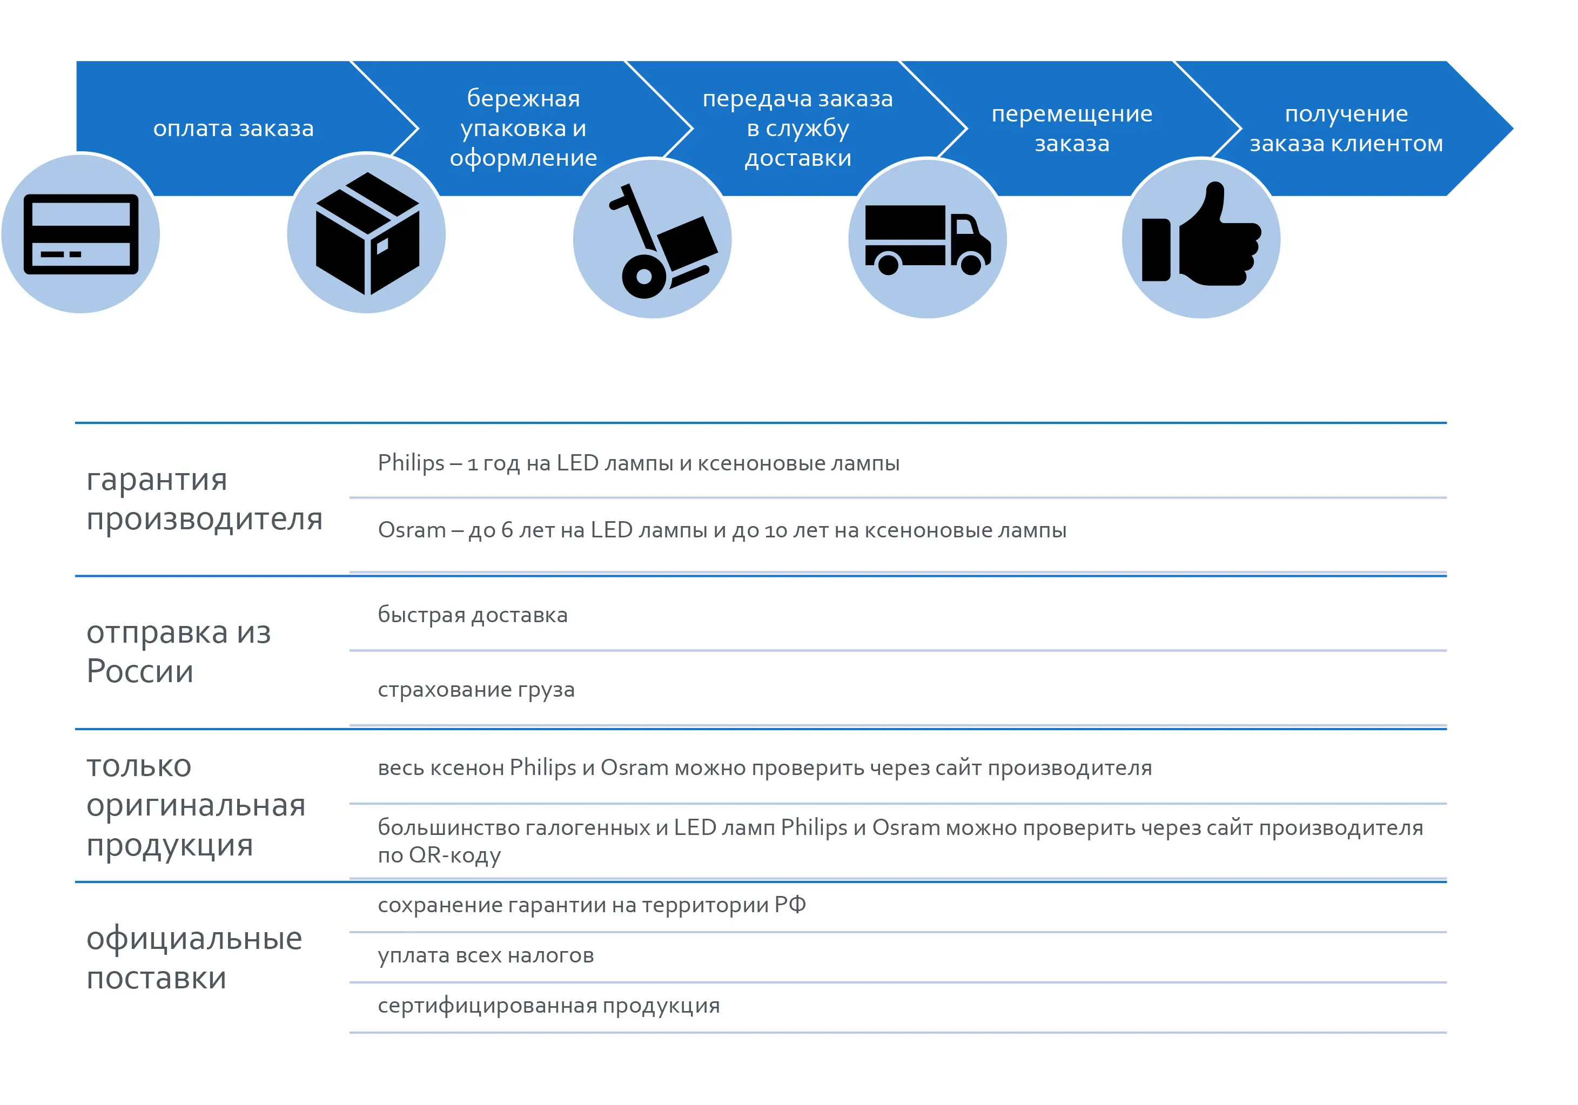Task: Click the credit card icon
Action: pos(81,234)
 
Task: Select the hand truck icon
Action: pos(662,241)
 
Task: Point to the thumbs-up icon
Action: pos(1201,234)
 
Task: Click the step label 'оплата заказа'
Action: pos(234,129)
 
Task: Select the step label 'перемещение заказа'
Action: pos(1072,129)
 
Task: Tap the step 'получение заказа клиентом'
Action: pos(1346,129)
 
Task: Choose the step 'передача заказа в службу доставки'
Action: pos(798,129)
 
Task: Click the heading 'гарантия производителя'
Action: pos(205,500)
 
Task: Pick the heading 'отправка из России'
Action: pos(179,651)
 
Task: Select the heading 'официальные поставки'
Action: pos(194,958)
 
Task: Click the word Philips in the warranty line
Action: pos(411,463)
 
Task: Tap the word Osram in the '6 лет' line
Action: pos(412,530)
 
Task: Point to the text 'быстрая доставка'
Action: pos(473,615)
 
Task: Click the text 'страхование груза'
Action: pos(476,689)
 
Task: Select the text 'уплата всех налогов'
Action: pos(486,955)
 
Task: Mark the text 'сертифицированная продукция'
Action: pos(549,1006)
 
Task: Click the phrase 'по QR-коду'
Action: pos(440,855)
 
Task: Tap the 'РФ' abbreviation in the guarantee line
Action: pos(790,904)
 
